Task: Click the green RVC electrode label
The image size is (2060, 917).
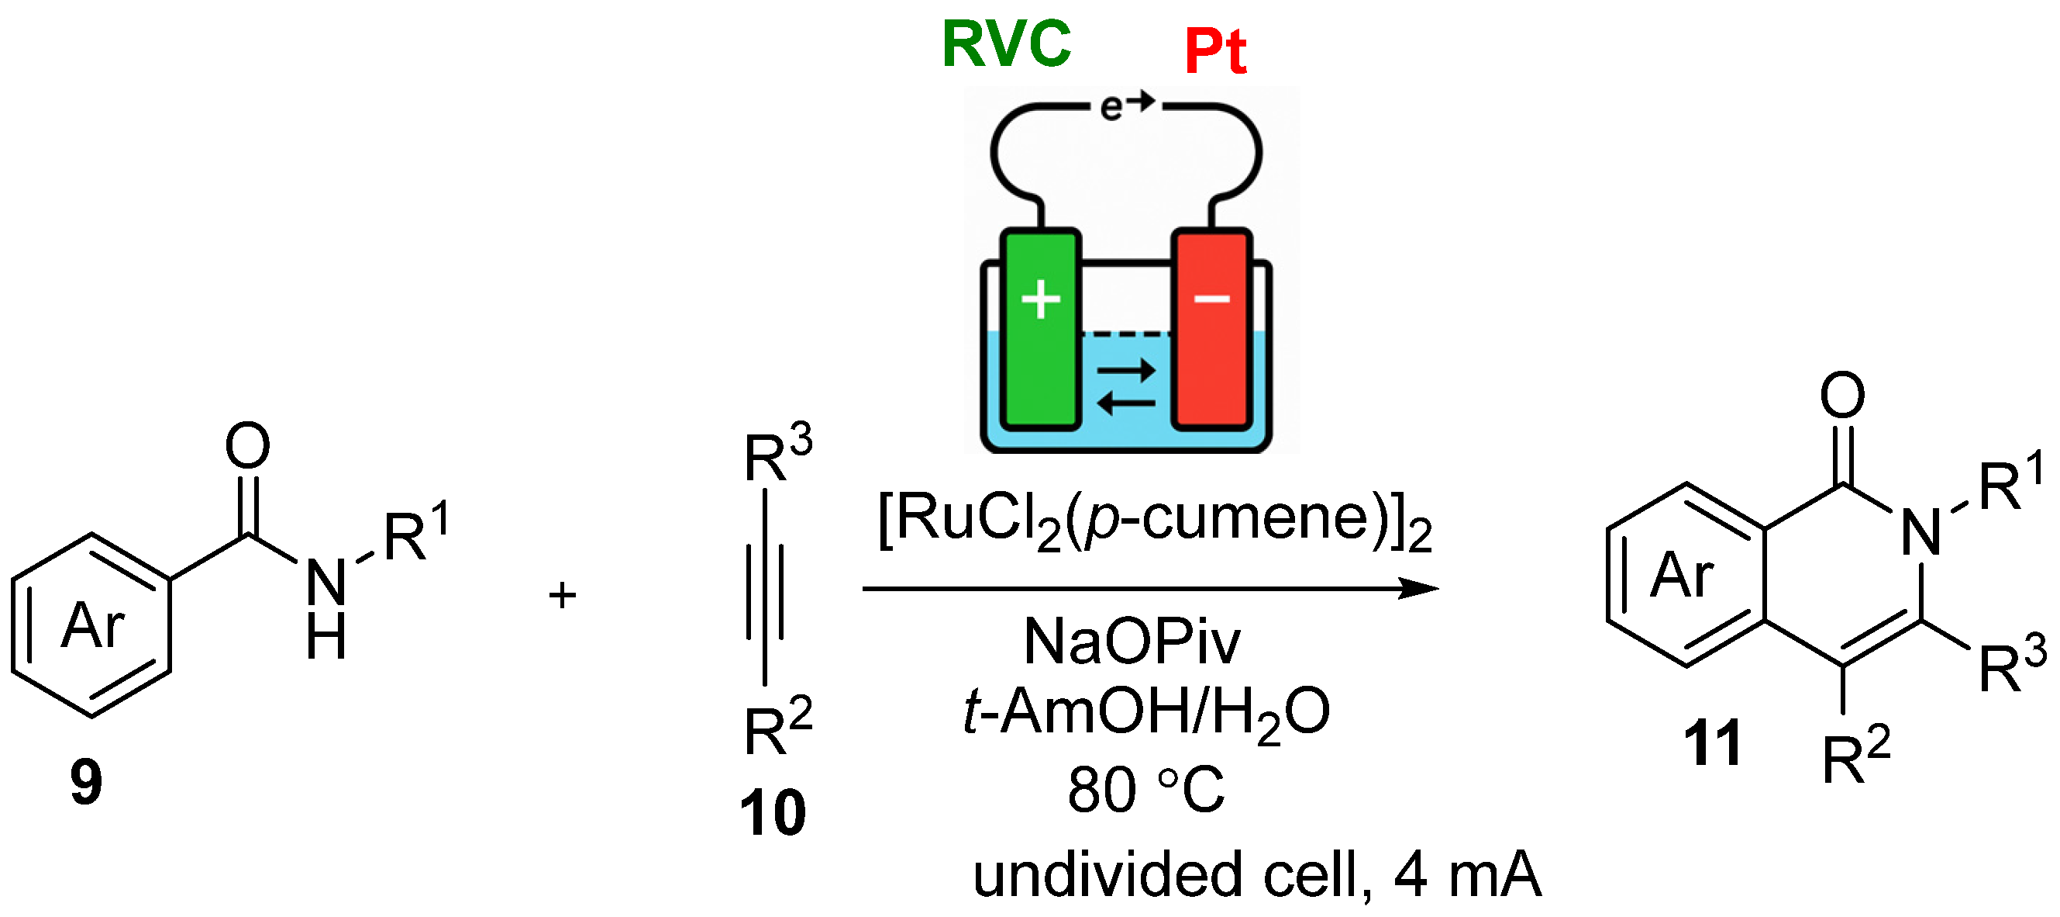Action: (1006, 43)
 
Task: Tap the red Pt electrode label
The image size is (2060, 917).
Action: (1214, 51)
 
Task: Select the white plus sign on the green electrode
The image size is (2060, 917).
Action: (1040, 300)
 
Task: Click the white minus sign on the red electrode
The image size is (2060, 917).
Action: (1211, 299)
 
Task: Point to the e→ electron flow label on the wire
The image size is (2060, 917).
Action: (1126, 106)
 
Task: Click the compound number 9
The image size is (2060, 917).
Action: (85, 783)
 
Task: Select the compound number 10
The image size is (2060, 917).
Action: (773, 813)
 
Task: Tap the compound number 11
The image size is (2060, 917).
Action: (1712, 743)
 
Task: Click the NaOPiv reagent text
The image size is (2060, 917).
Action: (1132, 642)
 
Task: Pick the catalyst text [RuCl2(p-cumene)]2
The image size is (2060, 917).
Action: (1155, 521)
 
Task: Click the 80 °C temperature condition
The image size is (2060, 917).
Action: (1145, 790)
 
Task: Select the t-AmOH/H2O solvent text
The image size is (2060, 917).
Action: (1147, 712)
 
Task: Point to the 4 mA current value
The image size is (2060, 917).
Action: (1466, 874)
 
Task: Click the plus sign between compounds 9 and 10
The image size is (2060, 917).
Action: (562, 595)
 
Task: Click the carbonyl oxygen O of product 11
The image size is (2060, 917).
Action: (1842, 394)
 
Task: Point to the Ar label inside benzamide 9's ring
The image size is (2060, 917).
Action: (93, 625)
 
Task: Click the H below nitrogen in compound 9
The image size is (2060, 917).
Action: (326, 638)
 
